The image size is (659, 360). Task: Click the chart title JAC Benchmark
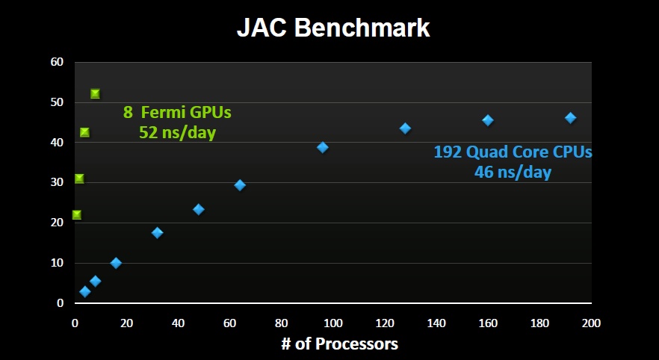click(333, 28)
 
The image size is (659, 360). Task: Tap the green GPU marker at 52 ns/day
click(95, 94)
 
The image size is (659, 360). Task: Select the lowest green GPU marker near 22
click(76, 215)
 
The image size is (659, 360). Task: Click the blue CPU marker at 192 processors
click(570, 118)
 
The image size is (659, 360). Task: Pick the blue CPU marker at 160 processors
click(488, 120)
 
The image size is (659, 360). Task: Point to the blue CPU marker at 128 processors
click(405, 128)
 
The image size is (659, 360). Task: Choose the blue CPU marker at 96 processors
click(323, 147)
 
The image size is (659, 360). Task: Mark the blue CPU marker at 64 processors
click(240, 185)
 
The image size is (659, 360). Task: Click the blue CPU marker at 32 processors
click(157, 233)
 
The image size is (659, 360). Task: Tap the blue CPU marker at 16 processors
click(116, 263)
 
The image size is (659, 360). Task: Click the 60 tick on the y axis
click(57, 62)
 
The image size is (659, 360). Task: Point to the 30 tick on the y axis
click(57, 183)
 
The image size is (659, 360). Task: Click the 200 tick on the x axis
click(591, 323)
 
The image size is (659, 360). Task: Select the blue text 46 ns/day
click(513, 173)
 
